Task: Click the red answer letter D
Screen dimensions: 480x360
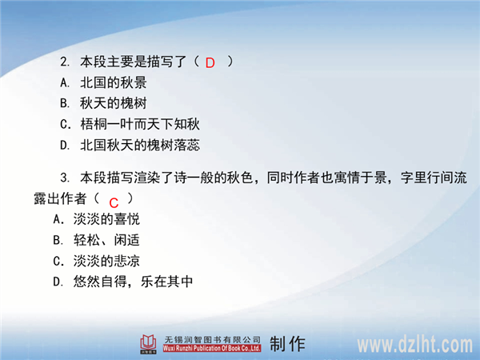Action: pyautogui.click(x=210, y=63)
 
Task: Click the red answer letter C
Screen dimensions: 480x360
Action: pyautogui.click(x=114, y=202)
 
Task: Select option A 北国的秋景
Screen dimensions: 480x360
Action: pyautogui.click(x=103, y=82)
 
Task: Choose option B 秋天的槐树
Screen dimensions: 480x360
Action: pyautogui.click(x=103, y=103)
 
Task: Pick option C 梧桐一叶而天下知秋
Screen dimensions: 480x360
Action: pyautogui.click(x=130, y=124)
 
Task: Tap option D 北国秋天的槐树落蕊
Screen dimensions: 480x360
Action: pyautogui.click(x=130, y=145)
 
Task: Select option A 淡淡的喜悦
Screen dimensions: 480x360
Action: pyautogui.click(x=97, y=219)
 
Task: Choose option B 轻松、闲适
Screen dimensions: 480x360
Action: pyautogui.click(x=97, y=240)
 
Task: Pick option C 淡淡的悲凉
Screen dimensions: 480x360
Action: pyautogui.click(x=97, y=261)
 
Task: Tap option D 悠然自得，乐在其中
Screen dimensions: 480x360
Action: pyautogui.click(x=123, y=282)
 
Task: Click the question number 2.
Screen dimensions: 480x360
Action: pyautogui.click(x=65, y=62)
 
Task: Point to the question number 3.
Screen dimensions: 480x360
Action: pyautogui.click(x=65, y=178)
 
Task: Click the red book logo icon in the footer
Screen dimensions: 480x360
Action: pyautogui.click(x=149, y=343)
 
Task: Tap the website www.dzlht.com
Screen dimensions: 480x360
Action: pyautogui.click(x=415, y=345)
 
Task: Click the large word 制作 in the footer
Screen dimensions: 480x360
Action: pyautogui.click(x=287, y=344)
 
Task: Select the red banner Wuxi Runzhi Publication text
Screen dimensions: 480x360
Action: pyautogui.click(x=212, y=348)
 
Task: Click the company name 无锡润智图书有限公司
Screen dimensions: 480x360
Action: pyautogui.click(x=213, y=339)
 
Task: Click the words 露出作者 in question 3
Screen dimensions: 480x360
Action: pyautogui.click(x=60, y=198)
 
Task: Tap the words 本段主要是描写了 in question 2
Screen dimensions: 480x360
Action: pyautogui.click(x=134, y=62)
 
